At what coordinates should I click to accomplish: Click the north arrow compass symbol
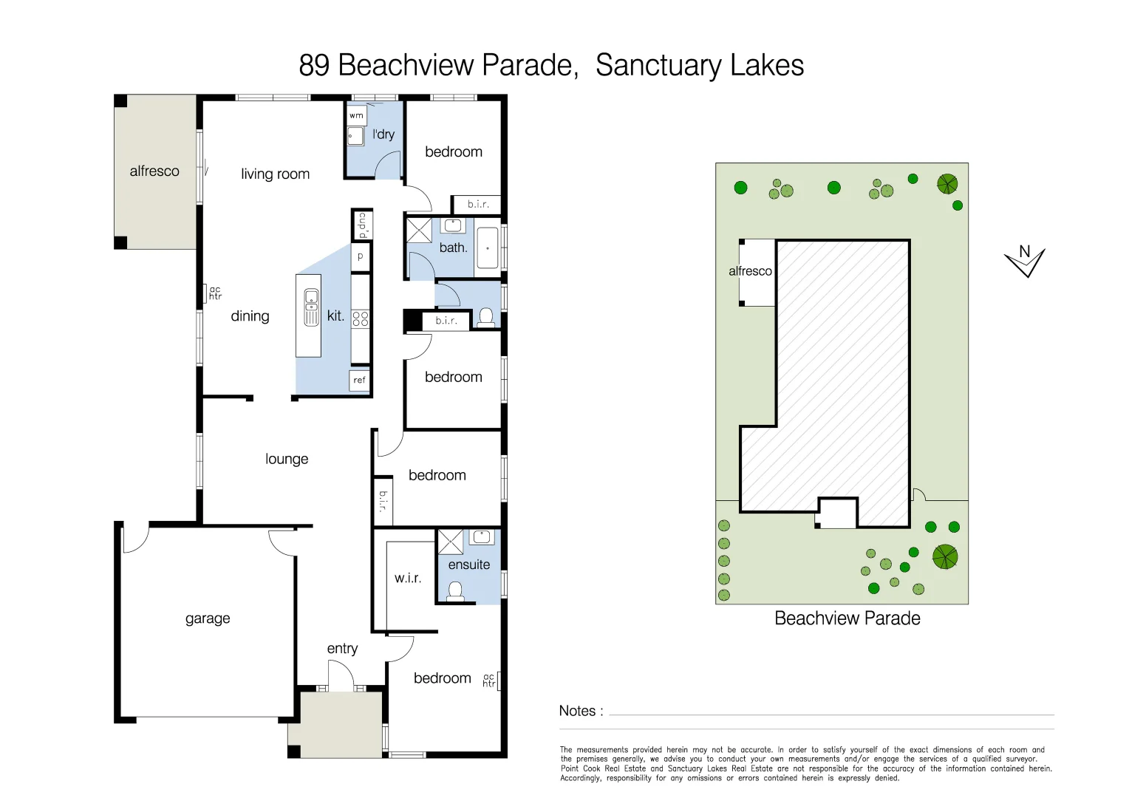(x=1025, y=260)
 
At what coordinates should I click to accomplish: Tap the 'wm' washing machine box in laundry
(x=356, y=115)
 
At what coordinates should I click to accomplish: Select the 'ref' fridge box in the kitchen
(x=359, y=380)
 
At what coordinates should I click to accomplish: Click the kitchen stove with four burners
(x=360, y=318)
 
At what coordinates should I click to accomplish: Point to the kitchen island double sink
(x=312, y=307)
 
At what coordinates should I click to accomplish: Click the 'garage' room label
(x=208, y=618)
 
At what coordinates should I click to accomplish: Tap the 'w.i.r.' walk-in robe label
(x=408, y=578)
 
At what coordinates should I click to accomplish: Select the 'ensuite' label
(x=468, y=565)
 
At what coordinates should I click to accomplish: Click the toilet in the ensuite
(x=456, y=590)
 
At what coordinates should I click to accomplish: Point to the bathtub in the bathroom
(x=488, y=248)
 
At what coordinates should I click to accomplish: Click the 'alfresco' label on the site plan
(x=750, y=271)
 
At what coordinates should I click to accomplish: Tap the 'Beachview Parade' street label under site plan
(x=847, y=618)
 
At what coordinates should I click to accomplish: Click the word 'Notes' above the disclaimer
(x=577, y=711)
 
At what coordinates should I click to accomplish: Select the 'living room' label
(x=275, y=174)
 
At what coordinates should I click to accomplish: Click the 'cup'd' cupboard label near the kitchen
(x=362, y=225)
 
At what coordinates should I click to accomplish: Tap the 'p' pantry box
(x=361, y=256)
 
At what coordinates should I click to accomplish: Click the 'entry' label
(x=342, y=649)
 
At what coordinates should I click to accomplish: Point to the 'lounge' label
(x=287, y=459)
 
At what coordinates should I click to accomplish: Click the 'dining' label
(x=250, y=316)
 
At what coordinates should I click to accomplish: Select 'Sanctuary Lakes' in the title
(x=699, y=65)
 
